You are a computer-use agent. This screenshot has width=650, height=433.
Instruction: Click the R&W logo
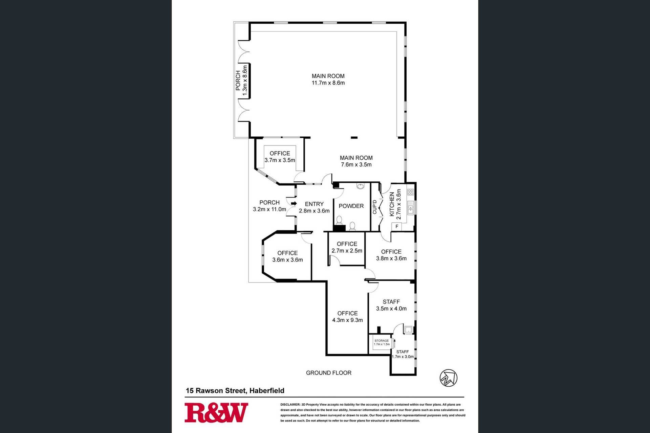[216, 412]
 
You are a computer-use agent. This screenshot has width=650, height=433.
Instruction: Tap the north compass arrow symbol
[449, 378]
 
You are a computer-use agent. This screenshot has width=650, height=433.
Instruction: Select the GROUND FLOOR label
[329, 373]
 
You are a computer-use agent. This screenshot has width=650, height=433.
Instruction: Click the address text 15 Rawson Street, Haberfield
[235, 391]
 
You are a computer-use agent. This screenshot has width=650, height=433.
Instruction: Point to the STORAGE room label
[382, 341]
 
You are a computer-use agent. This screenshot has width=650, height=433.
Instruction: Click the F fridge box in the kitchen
[397, 226]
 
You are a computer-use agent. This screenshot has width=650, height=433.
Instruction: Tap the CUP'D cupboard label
[375, 207]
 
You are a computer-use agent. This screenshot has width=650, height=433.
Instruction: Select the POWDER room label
[351, 206]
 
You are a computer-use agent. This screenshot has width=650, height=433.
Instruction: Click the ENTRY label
[314, 204]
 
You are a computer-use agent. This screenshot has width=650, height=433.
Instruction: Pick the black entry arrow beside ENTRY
[294, 203]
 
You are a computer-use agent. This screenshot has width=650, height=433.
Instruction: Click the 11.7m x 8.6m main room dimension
[328, 83]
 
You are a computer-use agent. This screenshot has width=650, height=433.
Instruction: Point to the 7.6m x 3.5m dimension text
[356, 165]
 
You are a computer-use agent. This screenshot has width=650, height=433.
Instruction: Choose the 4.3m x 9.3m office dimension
[347, 320]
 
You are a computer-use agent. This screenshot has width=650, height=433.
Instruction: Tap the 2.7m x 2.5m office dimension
[347, 251]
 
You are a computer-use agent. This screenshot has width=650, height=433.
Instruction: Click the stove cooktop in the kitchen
[410, 192]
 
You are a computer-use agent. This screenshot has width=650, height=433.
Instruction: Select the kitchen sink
[411, 207]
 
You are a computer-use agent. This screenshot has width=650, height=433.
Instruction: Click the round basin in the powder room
[361, 186]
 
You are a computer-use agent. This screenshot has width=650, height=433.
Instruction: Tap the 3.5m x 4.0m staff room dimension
[391, 309]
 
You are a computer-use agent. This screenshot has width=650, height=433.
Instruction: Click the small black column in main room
[354, 137]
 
